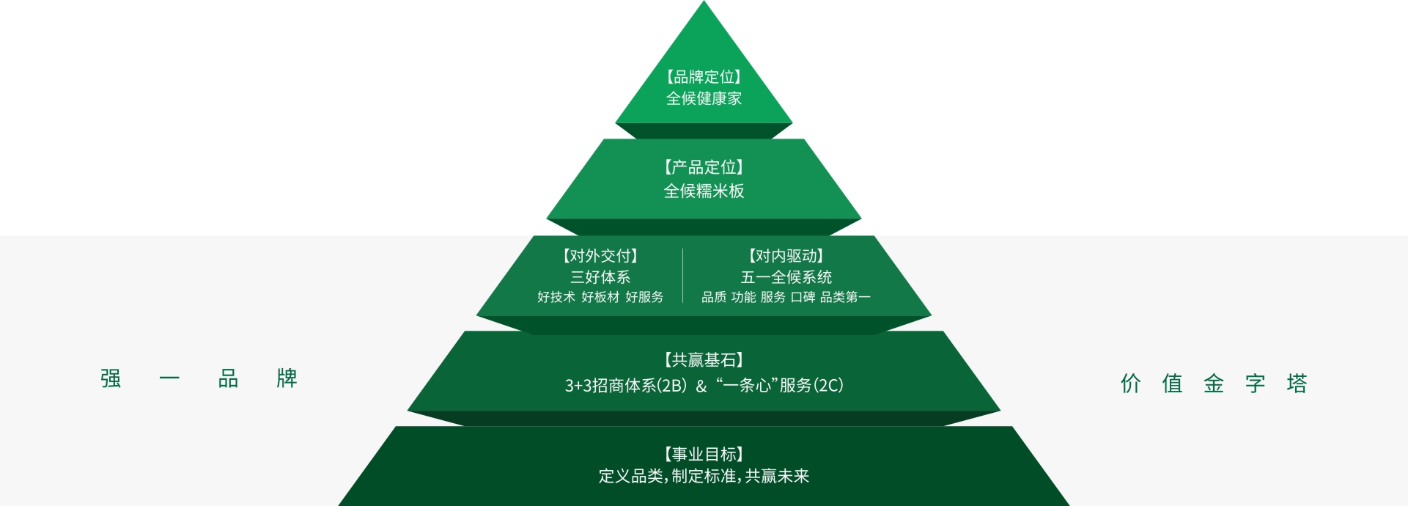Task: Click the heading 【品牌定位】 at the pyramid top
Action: pyautogui.click(x=704, y=77)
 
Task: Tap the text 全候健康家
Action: pyautogui.click(x=704, y=98)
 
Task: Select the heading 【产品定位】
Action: pyautogui.click(x=704, y=167)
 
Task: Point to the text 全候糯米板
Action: pyautogui.click(x=704, y=191)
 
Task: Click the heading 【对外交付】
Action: pyautogui.click(x=600, y=256)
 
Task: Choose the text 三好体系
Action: pyautogui.click(x=600, y=277)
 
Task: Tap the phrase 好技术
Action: pyautogui.click(x=556, y=297)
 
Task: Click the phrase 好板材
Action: pyautogui.click(x=600, y=297)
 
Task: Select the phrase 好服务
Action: pyautogui.click(x=644, y=297)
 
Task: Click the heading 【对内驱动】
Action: pyautogui.click(x=786, y=256)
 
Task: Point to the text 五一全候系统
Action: pyautogui.click(x=786, y=277)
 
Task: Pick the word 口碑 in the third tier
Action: pyautogui.click(x=803, y=297)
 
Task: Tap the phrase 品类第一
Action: pyautogui.click(x=845, y=297)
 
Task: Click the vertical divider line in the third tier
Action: pyautogui.click(x=683, y=276)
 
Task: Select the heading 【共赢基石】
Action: pyautogui.click(x=704, y=360)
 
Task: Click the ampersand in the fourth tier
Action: pyautogui.click(x=701, y=386)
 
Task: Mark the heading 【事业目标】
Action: pyautogui.click(x=704, y=455)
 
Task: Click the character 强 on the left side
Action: pyautogui.click(x=111, y=378)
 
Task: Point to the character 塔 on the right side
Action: pyautogui.click(x=1297, y=383)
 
